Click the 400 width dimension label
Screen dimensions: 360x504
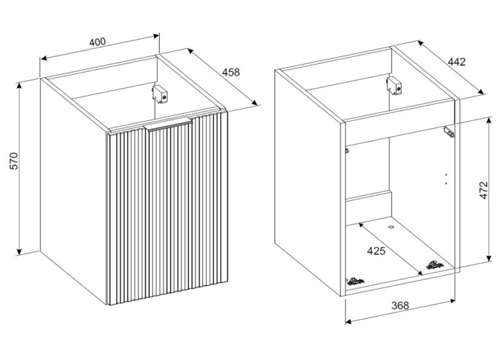pos(97,42)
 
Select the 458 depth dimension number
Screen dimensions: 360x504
pos(230,72)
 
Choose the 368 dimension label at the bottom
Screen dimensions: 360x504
pos(400,305)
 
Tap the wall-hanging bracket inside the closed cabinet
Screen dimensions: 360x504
pos(163,93)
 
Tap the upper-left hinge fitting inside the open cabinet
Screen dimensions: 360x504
pos(347,150)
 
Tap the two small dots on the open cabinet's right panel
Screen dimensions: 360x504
pos(447,178)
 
